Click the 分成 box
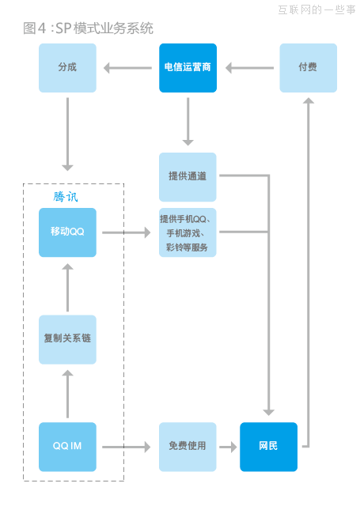(x=67, y=68)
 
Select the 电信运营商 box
(x=188, y=68)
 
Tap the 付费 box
(x=308, y=68)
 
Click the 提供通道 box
(x=188, y=176)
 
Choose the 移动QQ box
(x=67, y=232)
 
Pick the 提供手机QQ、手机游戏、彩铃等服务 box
(x=188, y=232)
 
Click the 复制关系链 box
(x=67, y=339)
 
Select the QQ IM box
(x=67, y=447)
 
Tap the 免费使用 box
(x=188, y=447)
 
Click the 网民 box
(x=269, y=447)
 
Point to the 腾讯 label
(x=66, y=197)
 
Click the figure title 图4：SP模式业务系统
(x=88, y=28)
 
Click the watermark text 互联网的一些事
(x=316, y=9)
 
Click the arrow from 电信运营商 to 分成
(x=127, y=68)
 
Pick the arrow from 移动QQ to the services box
(x=127, y=232)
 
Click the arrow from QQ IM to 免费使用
(x=127, y=447)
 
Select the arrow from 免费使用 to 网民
(x=228, y=447)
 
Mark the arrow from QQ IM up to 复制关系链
(x=67, y=393)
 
